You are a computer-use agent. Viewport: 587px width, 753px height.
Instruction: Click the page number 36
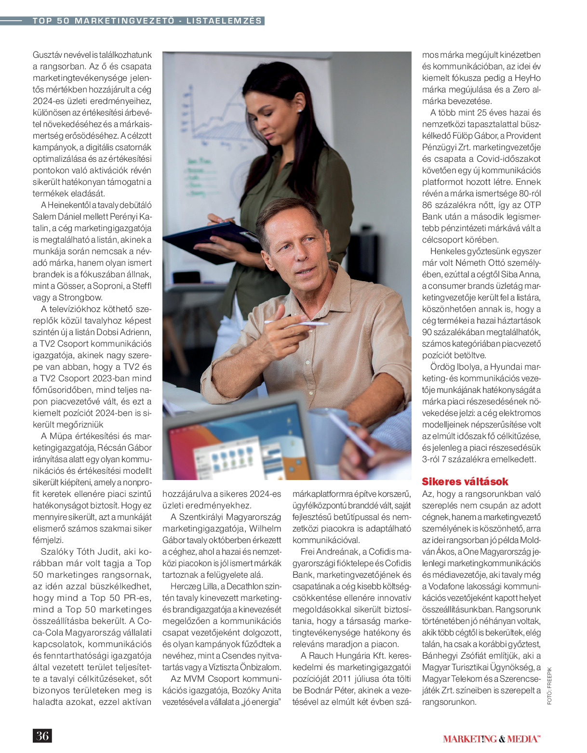tap(42, 735)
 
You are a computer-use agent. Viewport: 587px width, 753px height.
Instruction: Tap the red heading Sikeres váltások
tap(465, 481)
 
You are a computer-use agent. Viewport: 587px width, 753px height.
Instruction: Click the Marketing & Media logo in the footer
tap(492, 739)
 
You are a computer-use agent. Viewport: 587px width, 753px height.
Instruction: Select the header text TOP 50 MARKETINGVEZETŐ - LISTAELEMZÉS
tap(147, 21)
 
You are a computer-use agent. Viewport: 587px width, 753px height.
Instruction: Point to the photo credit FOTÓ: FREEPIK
tap(549, 686)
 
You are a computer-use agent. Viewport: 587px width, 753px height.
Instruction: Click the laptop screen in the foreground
tap(236, 448)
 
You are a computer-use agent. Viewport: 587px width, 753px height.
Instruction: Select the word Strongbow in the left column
tap(80, 298)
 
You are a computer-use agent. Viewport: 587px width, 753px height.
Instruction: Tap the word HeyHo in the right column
tap(527, 78)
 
